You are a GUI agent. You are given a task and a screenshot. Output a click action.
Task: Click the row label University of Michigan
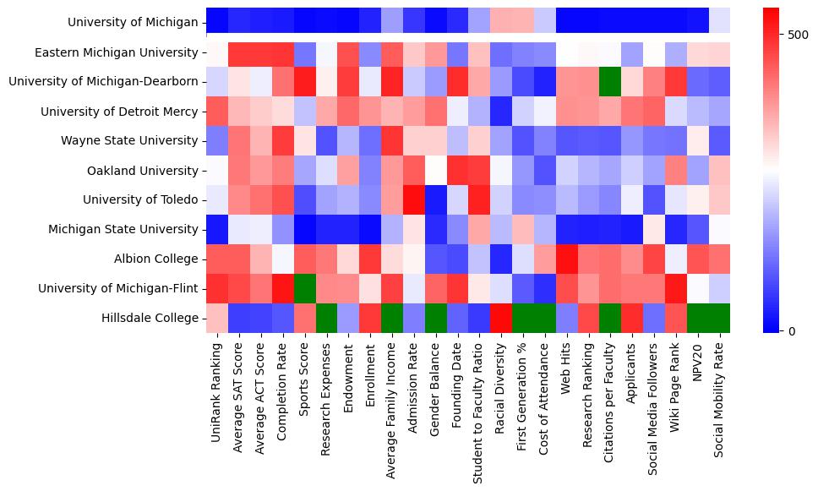133,23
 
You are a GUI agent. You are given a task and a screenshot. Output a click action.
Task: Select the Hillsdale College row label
148,319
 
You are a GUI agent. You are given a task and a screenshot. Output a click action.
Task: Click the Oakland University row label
143,171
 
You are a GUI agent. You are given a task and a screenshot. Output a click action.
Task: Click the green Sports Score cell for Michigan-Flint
305,289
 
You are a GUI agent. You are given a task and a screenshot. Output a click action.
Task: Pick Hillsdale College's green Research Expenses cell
327,319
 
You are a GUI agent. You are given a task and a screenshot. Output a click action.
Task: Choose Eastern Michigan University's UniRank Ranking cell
217,52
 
